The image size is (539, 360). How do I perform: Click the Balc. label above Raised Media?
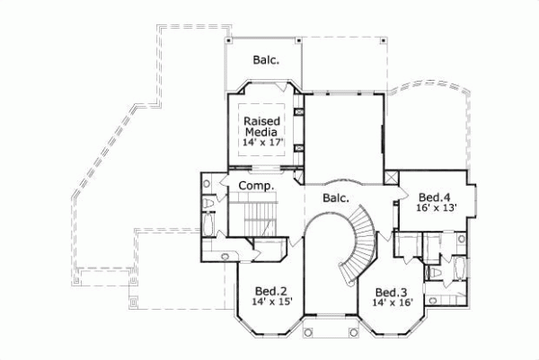click(x=265, y=61)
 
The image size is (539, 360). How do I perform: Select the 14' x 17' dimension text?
click(x=261, y=142)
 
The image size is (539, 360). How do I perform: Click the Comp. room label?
click(x=255, y=185)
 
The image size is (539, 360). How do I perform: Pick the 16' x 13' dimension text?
click(x=437, y=207)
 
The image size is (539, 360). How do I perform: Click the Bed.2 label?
click(x=270, y=291)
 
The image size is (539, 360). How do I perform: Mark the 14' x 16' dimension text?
click(x=392, y=303)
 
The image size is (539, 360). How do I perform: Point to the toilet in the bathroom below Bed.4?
click(x=435, y=271)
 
